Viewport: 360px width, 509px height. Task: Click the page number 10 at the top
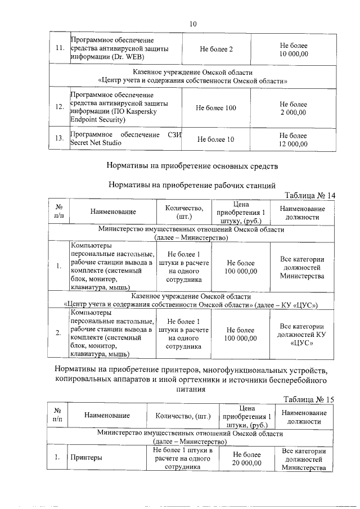pos(193,24)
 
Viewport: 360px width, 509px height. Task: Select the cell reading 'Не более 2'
pos(216,49)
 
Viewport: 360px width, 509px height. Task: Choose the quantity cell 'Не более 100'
pos(216,108)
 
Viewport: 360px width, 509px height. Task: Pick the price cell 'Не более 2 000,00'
pos(294,109)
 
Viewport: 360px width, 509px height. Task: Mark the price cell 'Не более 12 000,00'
pos(294,140)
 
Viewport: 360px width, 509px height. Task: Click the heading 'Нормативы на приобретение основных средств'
pos(192,166)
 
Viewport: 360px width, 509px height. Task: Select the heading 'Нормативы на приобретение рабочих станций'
pos(192,184)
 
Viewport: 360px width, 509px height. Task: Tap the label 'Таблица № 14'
pos(309,195)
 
